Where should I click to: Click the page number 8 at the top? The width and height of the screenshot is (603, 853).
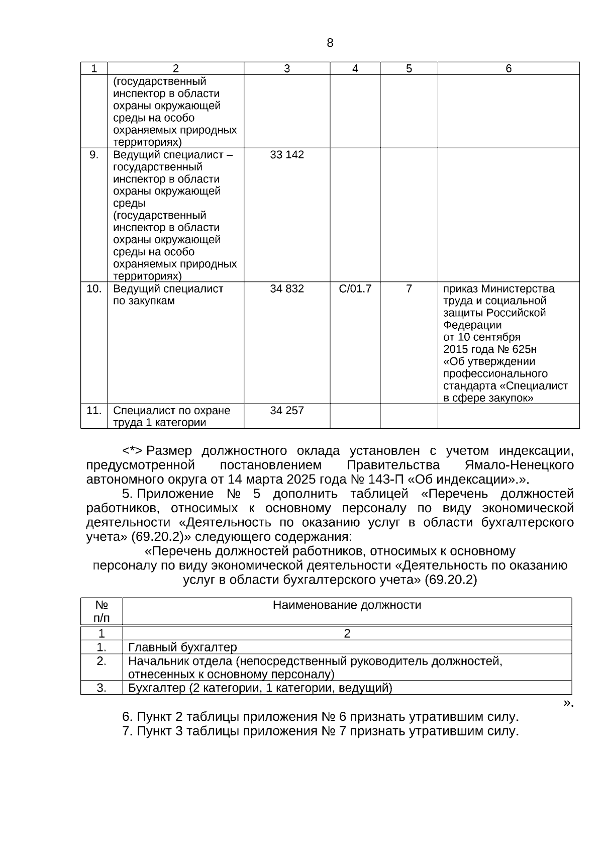330,43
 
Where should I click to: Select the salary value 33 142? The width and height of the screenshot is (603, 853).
286,155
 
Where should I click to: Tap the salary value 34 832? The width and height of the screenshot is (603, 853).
286,289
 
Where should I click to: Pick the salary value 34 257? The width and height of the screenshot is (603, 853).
286,411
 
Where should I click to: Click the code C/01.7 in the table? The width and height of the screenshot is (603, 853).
355,289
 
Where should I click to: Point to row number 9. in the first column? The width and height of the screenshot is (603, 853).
94,155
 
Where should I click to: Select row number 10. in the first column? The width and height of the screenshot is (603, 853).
94,289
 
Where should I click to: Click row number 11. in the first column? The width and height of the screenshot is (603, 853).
94,411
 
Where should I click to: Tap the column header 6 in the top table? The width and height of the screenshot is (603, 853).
508,69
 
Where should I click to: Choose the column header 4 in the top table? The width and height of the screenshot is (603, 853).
355,69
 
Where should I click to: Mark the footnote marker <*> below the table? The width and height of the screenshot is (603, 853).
133,451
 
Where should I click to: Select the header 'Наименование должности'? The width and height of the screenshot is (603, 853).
347,605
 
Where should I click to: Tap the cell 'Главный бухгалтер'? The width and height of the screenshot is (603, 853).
182,647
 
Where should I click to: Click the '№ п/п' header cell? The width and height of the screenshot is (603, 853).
102,611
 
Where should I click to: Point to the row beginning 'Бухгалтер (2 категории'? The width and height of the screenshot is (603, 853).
260,688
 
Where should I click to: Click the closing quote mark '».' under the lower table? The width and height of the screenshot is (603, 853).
568,703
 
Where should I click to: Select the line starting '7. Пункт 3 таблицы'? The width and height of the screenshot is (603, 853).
320,731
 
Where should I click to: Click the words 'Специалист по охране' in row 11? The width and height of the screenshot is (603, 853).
171,411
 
